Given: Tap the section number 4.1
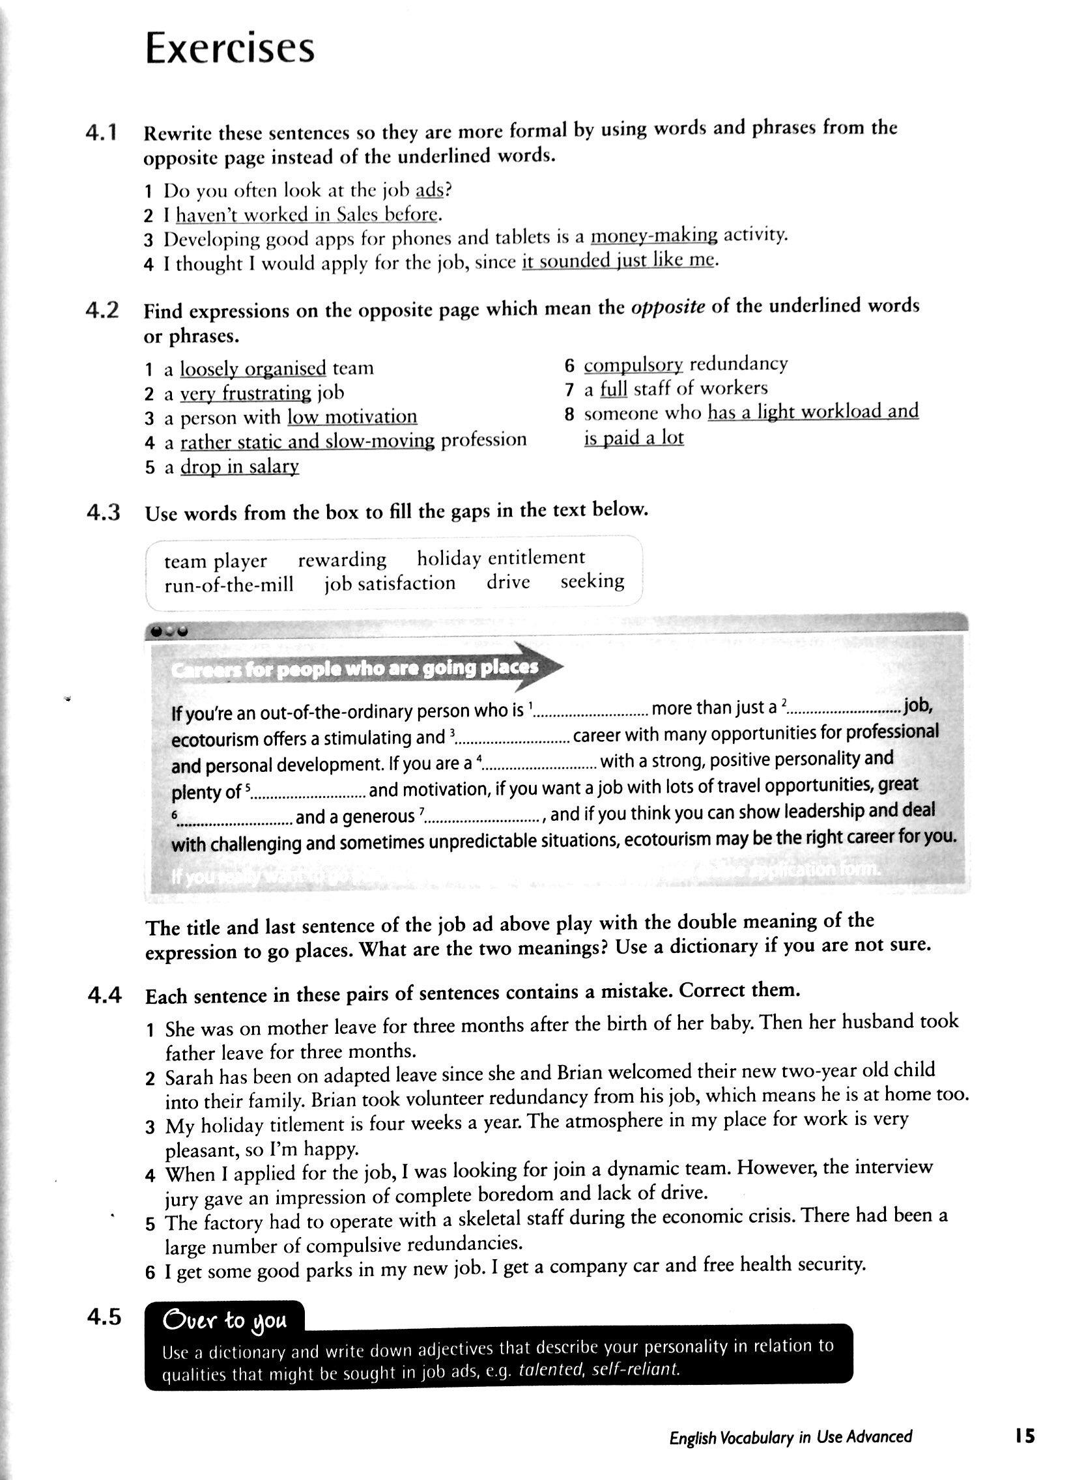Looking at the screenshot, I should click(x=102, y=133).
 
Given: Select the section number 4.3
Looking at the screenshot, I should click(x=103, y=513).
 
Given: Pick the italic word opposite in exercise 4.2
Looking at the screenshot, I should click(x=667, y=307).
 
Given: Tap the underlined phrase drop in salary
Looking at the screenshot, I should click(x=240, y=466).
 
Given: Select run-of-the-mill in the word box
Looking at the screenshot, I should click(x=229, y=584).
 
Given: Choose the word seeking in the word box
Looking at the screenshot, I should click(x=592, y=581).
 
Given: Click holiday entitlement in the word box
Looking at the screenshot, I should click(x=501, y=558).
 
